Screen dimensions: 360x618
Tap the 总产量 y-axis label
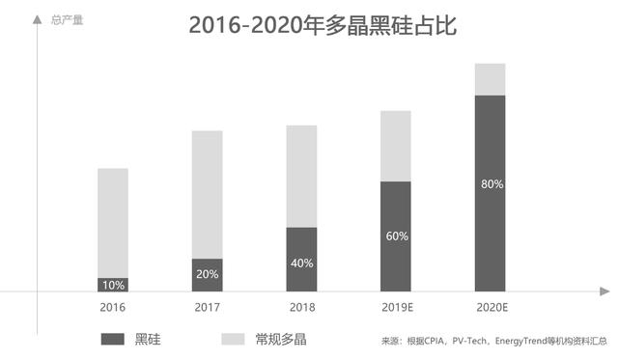pos(67,19)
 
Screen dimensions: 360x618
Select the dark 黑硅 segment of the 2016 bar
pos(112,285)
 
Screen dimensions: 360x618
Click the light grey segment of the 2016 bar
pos(112,222)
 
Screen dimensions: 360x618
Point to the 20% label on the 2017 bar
pos(207,274)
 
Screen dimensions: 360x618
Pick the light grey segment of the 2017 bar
pos(207,193)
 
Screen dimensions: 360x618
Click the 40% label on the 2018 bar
pos(301,263)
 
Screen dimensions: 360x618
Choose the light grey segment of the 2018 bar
pos(301,176)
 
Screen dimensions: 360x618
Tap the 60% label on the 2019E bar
pos(396,235)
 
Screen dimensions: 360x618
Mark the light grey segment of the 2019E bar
pos(396,146)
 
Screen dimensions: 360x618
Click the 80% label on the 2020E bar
pos(491,183)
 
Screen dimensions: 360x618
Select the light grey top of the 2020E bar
pos(491,79)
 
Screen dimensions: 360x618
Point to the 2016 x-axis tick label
pos(112,307)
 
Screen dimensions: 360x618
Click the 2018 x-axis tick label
pos(301,307)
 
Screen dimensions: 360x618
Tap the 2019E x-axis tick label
pos(396,307)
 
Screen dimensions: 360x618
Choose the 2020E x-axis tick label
pos(491,307)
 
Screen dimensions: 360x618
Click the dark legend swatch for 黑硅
pos(112,339)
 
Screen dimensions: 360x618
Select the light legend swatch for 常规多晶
pos(233,339)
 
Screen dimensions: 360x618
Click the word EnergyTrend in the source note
pos(521,341)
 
